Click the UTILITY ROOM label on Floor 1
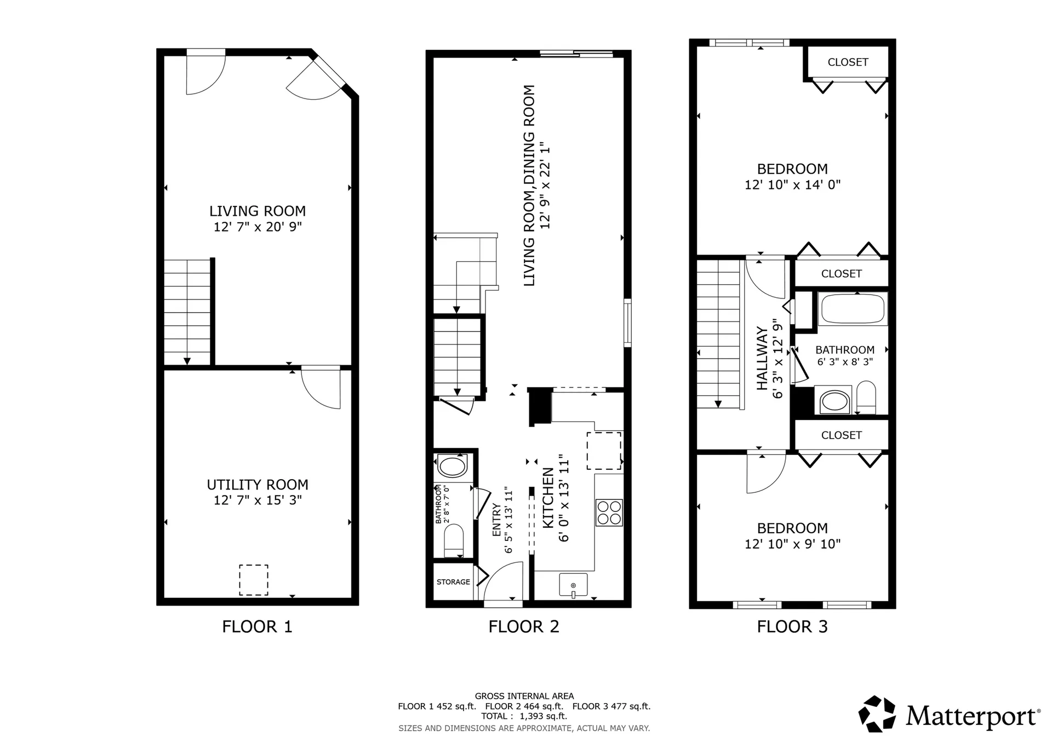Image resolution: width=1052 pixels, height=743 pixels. [257, 485]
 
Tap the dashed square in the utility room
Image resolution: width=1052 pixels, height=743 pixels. [254, 580]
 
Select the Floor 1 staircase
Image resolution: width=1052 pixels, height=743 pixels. [187, 312]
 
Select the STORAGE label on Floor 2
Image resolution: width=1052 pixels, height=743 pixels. [453, 582]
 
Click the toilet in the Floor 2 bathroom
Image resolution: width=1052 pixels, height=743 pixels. [454, 539]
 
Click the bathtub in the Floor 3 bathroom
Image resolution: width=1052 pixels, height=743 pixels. [853, 309]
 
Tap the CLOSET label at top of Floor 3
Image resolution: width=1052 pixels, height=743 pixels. [848, 62]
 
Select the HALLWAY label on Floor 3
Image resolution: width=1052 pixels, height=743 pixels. [762, 359]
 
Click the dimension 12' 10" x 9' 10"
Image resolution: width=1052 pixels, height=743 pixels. [792, 544]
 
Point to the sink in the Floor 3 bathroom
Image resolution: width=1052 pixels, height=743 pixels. [834, 401]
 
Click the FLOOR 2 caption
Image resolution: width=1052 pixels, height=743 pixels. [524, 627]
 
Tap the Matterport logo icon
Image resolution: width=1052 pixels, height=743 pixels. [877, 714]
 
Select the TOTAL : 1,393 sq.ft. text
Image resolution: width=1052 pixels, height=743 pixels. [524, 716]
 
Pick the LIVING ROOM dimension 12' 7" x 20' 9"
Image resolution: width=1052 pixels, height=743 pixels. [258, 227]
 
